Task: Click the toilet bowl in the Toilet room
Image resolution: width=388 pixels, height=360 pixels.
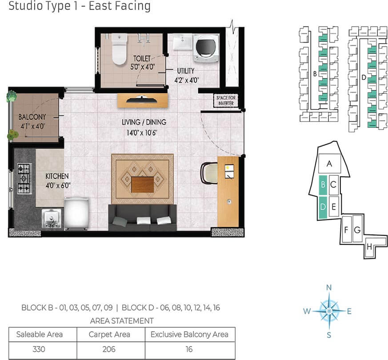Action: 120,49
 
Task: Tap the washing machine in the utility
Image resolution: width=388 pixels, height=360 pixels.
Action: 206,48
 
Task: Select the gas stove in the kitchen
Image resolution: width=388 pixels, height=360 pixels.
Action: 24,178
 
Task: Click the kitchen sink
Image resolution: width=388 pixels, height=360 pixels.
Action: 51,218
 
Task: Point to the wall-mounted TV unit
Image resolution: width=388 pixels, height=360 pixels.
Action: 142,100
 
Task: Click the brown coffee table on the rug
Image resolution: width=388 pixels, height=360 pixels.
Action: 143,184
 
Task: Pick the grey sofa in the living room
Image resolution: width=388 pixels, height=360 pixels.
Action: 143,217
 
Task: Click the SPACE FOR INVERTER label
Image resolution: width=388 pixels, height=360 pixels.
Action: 226,100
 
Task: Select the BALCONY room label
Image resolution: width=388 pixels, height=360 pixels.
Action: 32,117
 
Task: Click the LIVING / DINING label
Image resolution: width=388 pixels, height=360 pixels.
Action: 144,122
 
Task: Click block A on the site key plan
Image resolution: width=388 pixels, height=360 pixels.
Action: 329,163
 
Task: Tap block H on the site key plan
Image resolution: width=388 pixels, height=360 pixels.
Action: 369,247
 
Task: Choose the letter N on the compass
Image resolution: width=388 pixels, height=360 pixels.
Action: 329,287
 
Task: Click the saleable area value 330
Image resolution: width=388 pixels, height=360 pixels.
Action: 39,349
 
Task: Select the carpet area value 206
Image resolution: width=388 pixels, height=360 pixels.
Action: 109,349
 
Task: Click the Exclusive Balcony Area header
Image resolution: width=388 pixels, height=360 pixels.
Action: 189,335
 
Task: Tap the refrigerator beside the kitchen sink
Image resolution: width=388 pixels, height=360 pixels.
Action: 77,214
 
